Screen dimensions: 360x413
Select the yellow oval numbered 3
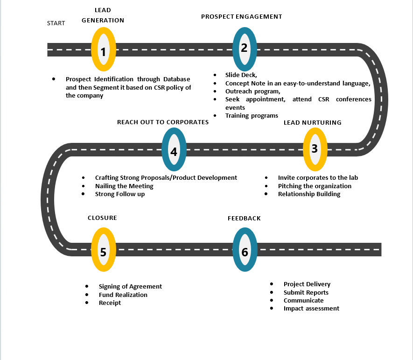tap(315, 149)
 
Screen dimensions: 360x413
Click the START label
tap(56, 23)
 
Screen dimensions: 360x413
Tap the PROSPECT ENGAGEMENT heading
tap(241, 16)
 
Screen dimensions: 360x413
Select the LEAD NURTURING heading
tap(313, 122)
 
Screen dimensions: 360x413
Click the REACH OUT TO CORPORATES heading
tap(162, 122)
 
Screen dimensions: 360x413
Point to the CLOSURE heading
tap(102, 218)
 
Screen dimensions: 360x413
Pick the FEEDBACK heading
tap(244, 218)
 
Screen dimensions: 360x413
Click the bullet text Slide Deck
tap(241, 75)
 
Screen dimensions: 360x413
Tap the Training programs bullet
tap(252, 115)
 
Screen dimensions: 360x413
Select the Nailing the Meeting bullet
tap(124, 186)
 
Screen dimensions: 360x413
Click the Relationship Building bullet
tap(309, 194)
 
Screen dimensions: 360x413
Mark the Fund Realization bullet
tap(123, 295)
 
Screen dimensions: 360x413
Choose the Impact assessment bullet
tap(311, 308)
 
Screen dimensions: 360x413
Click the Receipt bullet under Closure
tap(110, 303)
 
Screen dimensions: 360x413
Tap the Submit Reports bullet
tap(306, 292)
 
